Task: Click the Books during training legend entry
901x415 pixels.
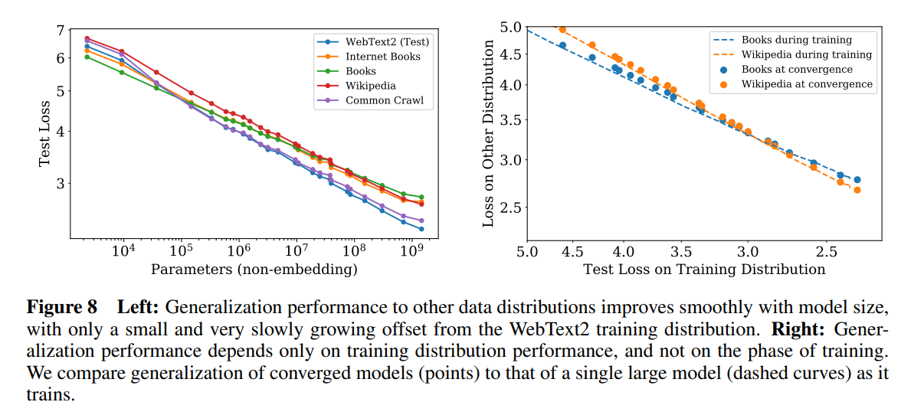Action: (x=796, y=40)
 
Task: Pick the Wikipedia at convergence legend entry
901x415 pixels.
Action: (x=807, y=83)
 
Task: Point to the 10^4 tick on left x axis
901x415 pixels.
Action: (x=123, y=251)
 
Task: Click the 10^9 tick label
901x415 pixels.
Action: (x=412, y=251)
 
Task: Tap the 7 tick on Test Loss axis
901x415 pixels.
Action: (x=61, y=31)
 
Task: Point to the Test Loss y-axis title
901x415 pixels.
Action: (x=45, y=131)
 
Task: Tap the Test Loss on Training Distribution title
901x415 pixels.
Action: (x=704, y=269)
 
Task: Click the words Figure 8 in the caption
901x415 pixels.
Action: (x=62, y=308)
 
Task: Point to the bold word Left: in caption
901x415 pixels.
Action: (x=138, y=308)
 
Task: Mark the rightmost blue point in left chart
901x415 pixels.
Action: (x=421, y=228)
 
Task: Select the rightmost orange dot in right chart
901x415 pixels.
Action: (x=857, y=190)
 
